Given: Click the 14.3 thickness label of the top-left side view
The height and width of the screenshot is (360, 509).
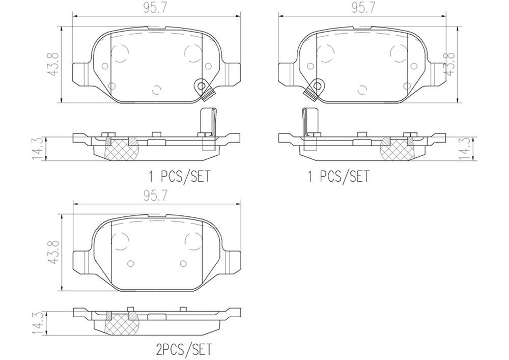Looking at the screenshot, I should (x=38, y=149).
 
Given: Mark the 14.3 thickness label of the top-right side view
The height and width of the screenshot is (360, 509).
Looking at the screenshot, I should (x=464, y=149).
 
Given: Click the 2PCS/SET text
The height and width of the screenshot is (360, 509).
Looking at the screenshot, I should (x=183, y=349).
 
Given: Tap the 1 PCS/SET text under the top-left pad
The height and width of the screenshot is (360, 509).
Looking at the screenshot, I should (x=179, y=177).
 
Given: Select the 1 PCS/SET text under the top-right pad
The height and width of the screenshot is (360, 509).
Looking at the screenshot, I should (x=338, y=177).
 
